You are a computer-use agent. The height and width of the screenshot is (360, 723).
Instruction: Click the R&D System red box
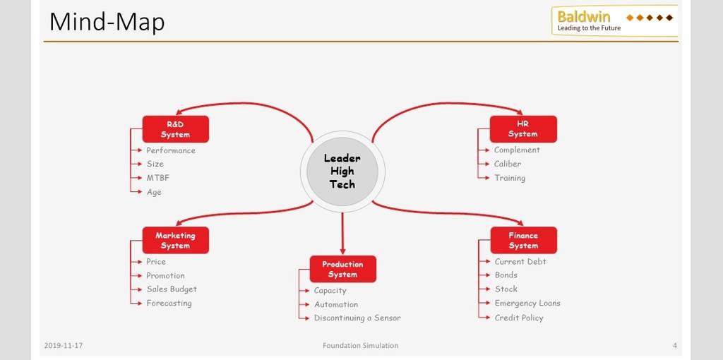[x=175, y=129]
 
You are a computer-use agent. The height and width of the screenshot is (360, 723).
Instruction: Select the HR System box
[x=523, y=129]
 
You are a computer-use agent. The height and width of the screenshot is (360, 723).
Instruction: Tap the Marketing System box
[x=175, y=240]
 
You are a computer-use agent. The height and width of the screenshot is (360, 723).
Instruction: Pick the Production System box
[x=342, y=269]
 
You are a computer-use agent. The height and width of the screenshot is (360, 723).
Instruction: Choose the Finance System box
[x=523, y=240]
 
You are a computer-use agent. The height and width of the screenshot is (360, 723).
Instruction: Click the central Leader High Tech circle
[x=342, y=172]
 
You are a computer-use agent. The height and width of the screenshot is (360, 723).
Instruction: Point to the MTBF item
[x=158, y=178]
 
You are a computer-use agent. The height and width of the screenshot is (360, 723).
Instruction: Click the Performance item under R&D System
[x=171, y=150]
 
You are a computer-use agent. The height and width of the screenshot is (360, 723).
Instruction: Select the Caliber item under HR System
[x=508, y=164]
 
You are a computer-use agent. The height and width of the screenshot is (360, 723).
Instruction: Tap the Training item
[x=510, y=178]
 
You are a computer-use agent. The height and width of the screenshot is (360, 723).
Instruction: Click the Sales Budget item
[x=172, y=289]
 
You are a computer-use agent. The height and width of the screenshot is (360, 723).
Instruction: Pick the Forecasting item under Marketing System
[x=169, y=304]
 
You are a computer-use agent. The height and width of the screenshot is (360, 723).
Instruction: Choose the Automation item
[x=335, y=304]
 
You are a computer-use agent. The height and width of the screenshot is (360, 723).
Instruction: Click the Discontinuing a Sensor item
[x=357, y=318]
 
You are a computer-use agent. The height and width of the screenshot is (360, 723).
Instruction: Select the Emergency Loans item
[x=527, y=304]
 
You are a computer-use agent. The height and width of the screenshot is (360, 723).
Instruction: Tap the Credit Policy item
[x=519, y=318]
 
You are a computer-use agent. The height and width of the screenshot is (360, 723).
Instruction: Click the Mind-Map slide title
[x=107, y=22]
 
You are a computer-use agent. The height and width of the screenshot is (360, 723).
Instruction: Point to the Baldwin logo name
[x=584, y=17]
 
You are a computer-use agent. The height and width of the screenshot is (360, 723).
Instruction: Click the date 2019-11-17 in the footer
[x=64, y=345]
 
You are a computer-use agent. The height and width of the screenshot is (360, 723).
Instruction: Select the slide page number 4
[x=674, y=345]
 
